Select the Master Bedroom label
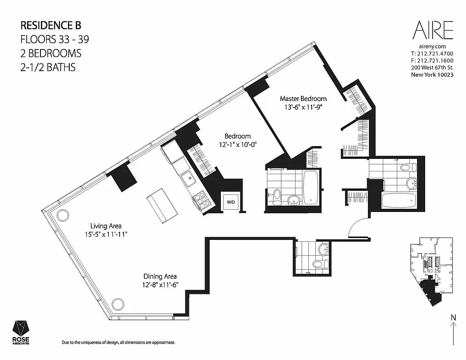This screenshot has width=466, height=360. pos(303,99)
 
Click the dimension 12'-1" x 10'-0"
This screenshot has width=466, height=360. pos(237,144)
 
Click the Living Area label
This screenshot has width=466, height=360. pos(106,226)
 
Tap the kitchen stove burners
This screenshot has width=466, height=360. pos(201,199)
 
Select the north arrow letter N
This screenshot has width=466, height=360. pos(453,318)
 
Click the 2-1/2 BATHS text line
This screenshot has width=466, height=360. pos(48,67)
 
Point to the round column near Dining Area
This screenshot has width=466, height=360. pos(118,304)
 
